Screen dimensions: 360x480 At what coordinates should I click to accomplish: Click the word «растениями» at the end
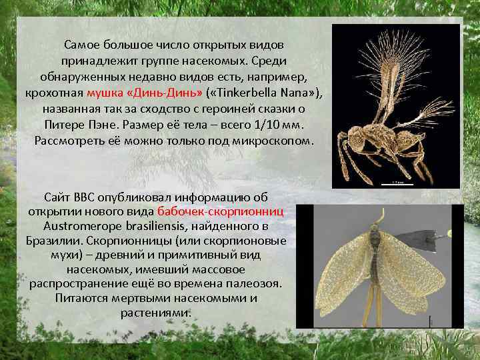coord(156,312)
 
